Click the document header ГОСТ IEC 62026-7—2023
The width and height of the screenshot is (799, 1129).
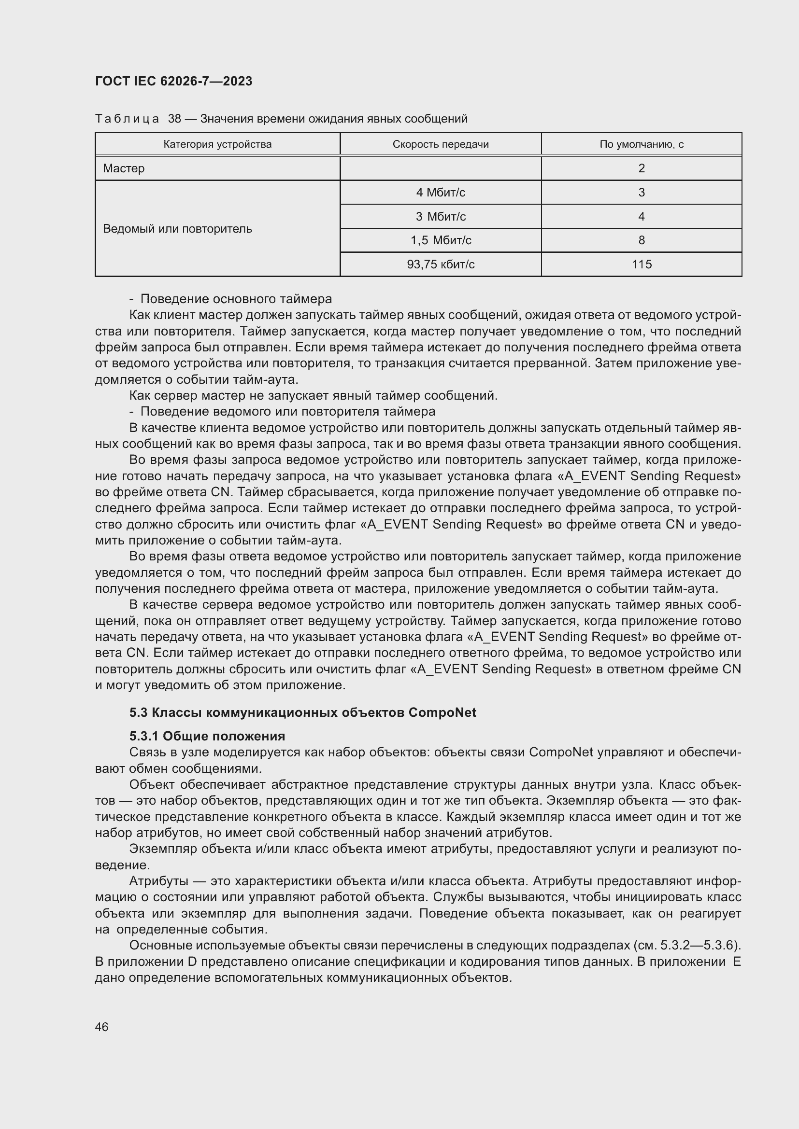click(x=173, y=81)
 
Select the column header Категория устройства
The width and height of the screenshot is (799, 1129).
click(x=217, y=144)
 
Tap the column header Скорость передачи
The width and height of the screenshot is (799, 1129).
click(x=441, y=144)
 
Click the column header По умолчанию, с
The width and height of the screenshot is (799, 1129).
click(x=641, y=144)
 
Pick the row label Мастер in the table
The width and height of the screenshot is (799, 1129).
click(x=124, y=168)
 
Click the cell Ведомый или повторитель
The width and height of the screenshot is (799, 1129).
click(x=177, y=229)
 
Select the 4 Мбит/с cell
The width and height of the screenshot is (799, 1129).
click(x=441, y=192)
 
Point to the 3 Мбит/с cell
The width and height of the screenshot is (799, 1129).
click(x=441, y=216)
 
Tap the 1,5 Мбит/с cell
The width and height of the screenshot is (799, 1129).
click(x=441, y=240)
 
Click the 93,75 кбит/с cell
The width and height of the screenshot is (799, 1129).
click(x=441, y=264)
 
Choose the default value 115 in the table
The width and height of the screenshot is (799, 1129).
click(x=641, y=264)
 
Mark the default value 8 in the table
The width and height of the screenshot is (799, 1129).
click(x=641, y=240)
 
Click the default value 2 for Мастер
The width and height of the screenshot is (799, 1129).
click(x=641, y=168)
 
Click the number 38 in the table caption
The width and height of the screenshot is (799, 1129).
click(x=174, y=119)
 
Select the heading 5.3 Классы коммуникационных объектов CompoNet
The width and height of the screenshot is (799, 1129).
click(x=302, y=712)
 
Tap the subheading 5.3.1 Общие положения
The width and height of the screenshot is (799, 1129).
click(x=207, y=736)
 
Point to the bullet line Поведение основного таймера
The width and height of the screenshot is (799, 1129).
click(x=236, y=299)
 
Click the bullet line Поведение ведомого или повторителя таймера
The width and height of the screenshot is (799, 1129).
click(x=287, y=411)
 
